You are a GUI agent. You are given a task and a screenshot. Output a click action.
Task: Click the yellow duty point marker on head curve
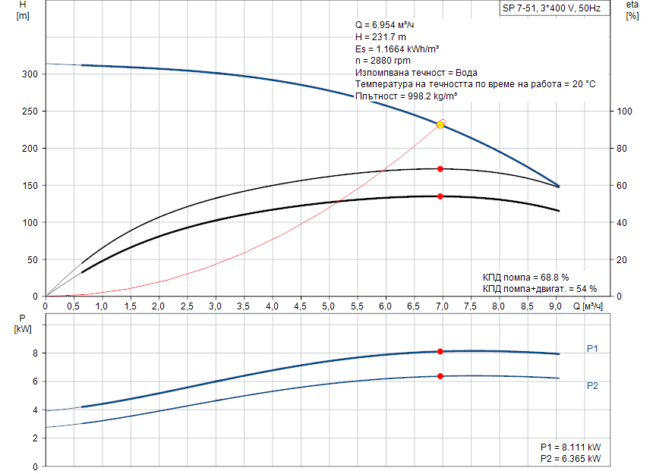[x=440, y=124]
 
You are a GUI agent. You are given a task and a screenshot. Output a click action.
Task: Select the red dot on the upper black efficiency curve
[x=440, y=168]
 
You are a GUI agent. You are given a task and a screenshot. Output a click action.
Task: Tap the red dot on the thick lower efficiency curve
[x=440, y=196]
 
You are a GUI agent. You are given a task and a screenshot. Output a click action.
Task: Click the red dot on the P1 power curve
[x=440, y=351]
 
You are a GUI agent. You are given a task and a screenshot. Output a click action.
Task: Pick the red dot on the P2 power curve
[x=440, y=376]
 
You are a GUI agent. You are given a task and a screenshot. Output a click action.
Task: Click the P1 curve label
[x=592, y=349]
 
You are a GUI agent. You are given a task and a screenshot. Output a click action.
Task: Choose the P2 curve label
[x=592, y=386]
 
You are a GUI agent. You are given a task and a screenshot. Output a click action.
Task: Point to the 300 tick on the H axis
[x=30, y=74]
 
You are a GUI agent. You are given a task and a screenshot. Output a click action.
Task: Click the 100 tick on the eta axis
[x=624, y=111]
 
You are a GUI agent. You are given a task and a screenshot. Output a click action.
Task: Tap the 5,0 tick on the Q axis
[x=329, y=306]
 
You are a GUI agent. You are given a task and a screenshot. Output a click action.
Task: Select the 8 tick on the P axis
[x=35, y=353]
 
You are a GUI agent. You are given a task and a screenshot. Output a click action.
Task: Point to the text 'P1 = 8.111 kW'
[x=570, y=447]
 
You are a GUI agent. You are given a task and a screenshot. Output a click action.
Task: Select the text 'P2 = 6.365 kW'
[x=570, y=460]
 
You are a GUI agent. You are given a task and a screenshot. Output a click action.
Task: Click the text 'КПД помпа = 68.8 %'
[x=525, y=277]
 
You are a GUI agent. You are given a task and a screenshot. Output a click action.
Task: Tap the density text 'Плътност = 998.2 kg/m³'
[x=405, y=96]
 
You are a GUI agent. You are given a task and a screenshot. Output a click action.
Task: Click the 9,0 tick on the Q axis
[x=555, y=306]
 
